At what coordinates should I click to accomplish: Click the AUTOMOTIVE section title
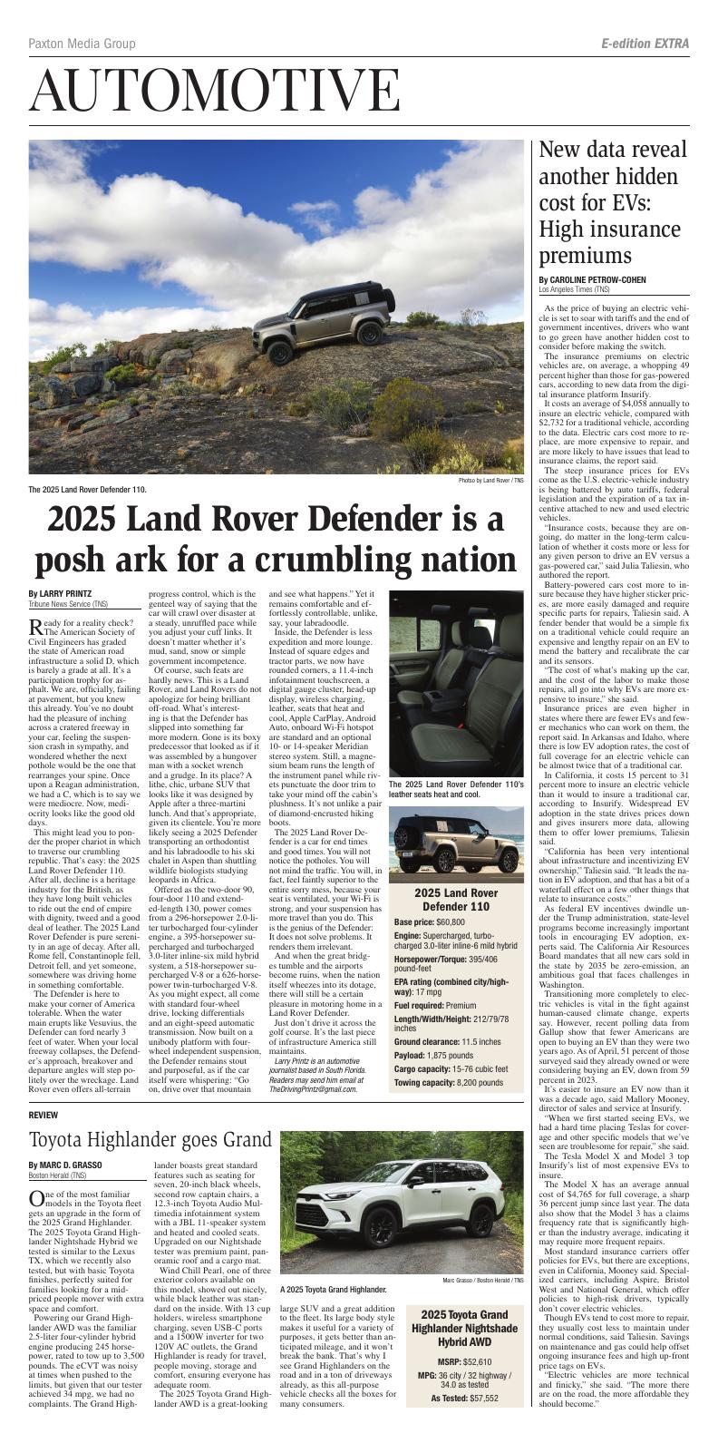(215, 91)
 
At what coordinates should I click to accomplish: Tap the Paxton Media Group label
(82, 44)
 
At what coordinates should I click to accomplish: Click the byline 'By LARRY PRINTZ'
(65, 594)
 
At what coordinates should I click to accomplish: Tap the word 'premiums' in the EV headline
(587, 255)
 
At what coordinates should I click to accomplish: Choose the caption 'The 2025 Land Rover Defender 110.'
(87, 490)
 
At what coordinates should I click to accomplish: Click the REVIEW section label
(43, 1114)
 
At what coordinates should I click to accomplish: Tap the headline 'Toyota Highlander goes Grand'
(150, 1140)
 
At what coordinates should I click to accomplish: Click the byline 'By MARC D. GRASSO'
(64, 1165)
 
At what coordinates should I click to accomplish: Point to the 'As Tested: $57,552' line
(465, 1399)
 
